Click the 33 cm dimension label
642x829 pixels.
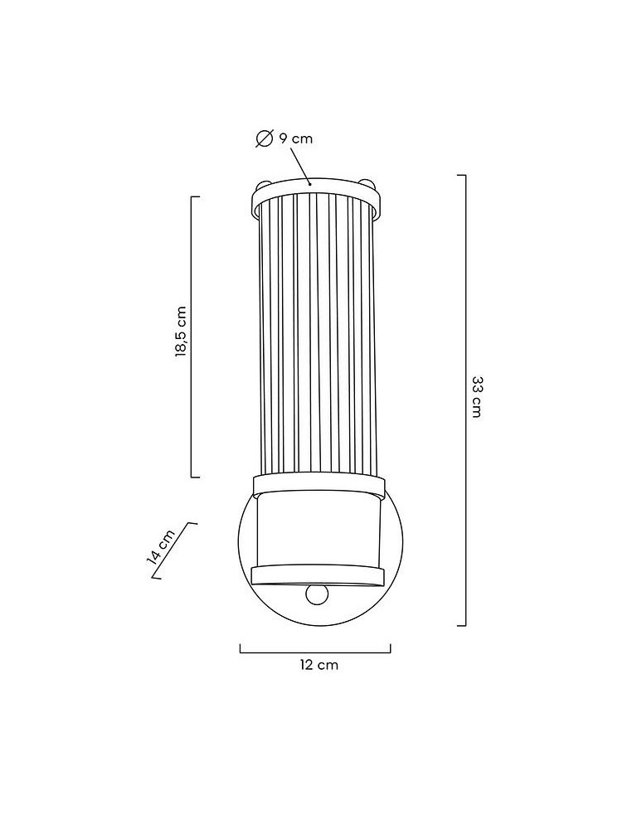pyautogui.click(x=476, y=397)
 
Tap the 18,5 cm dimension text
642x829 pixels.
pyautogui.click(x=181, y=332)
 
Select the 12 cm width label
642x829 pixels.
pyautogui.click(x=319, y=665)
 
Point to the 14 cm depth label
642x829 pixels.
pyautogui.click(x=161, y=547)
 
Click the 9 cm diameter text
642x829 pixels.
pyautogui.click(x=296, y=138)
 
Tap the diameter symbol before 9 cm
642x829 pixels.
pyautogui.click(x=264, y=138)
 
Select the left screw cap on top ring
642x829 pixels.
pyautogui.click(x=263, y=185)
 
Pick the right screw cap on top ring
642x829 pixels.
pyautogui.click(x=368, y=185)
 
